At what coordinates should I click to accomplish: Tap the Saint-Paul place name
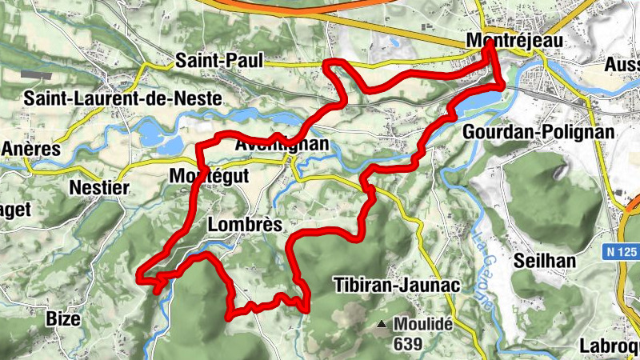pyautogui.click(x=209, y=59)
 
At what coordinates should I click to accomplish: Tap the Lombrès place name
pyautogui.click(x=245, y=225)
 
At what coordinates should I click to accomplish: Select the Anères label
pyautogui.click(x=31, y=149)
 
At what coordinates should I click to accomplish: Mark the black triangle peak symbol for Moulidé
pyautogui.click(x=382, y=325)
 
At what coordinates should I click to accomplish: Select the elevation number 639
pyautogui.click(x=408, y=343)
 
